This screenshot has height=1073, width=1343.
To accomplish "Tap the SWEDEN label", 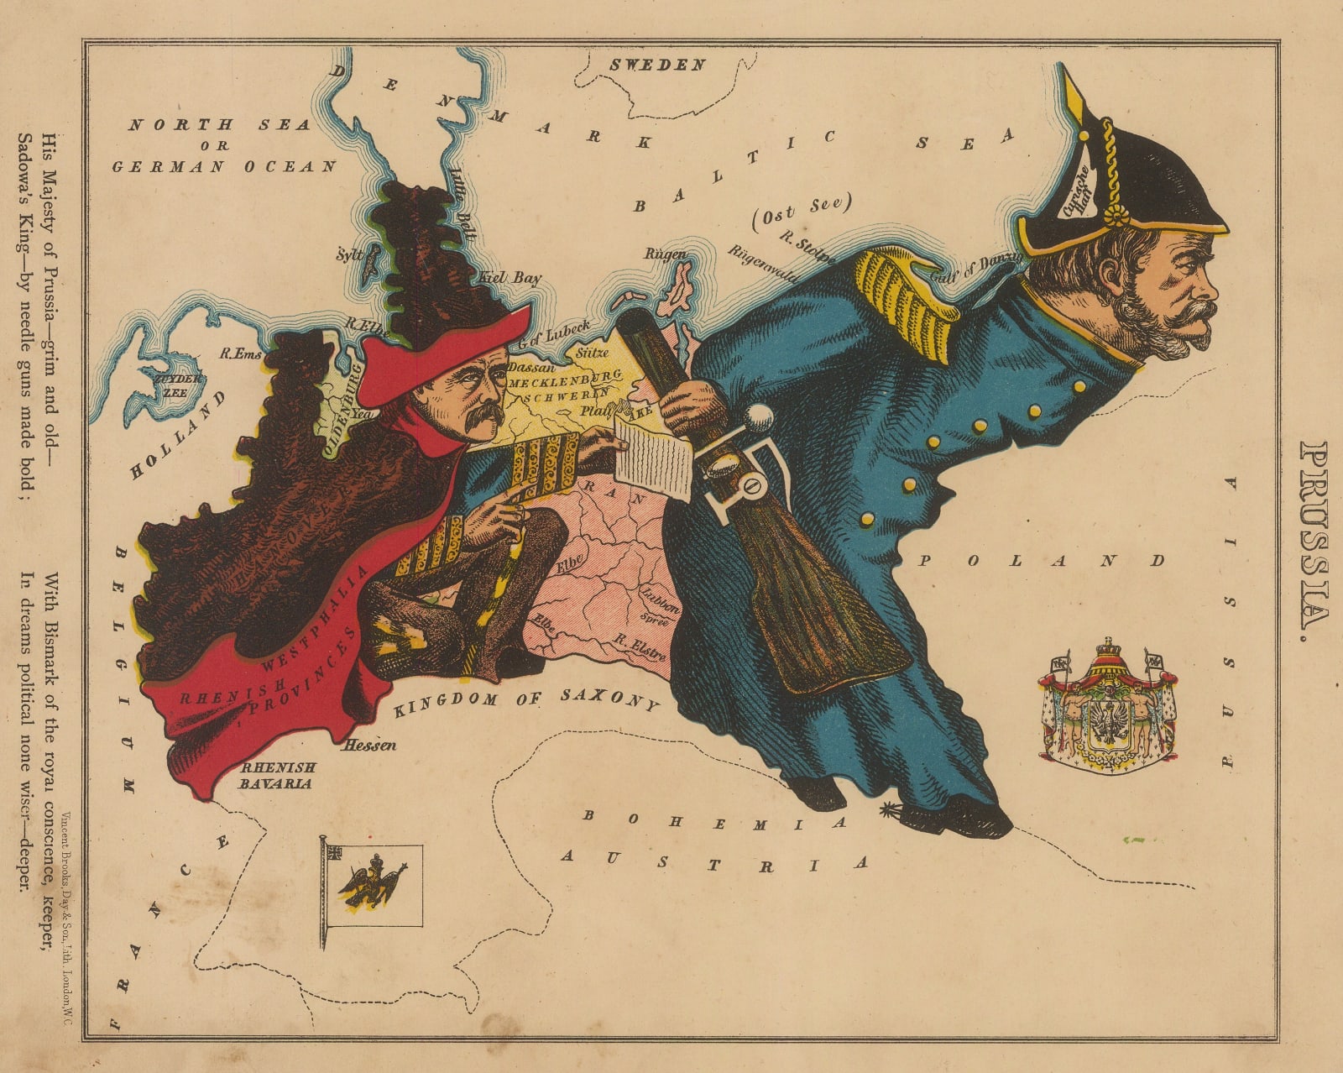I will pyautogui.click(x=656, y=65).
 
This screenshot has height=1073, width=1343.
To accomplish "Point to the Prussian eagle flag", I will pyautogui.click(x=369, y=885).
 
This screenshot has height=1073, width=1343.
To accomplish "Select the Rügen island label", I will pyautogui.click(x=667, y=254).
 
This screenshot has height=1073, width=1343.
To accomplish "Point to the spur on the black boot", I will pyautogui.click(x=891, y=811).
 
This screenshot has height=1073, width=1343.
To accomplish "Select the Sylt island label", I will pyautogui.click(x=348, y=254).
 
